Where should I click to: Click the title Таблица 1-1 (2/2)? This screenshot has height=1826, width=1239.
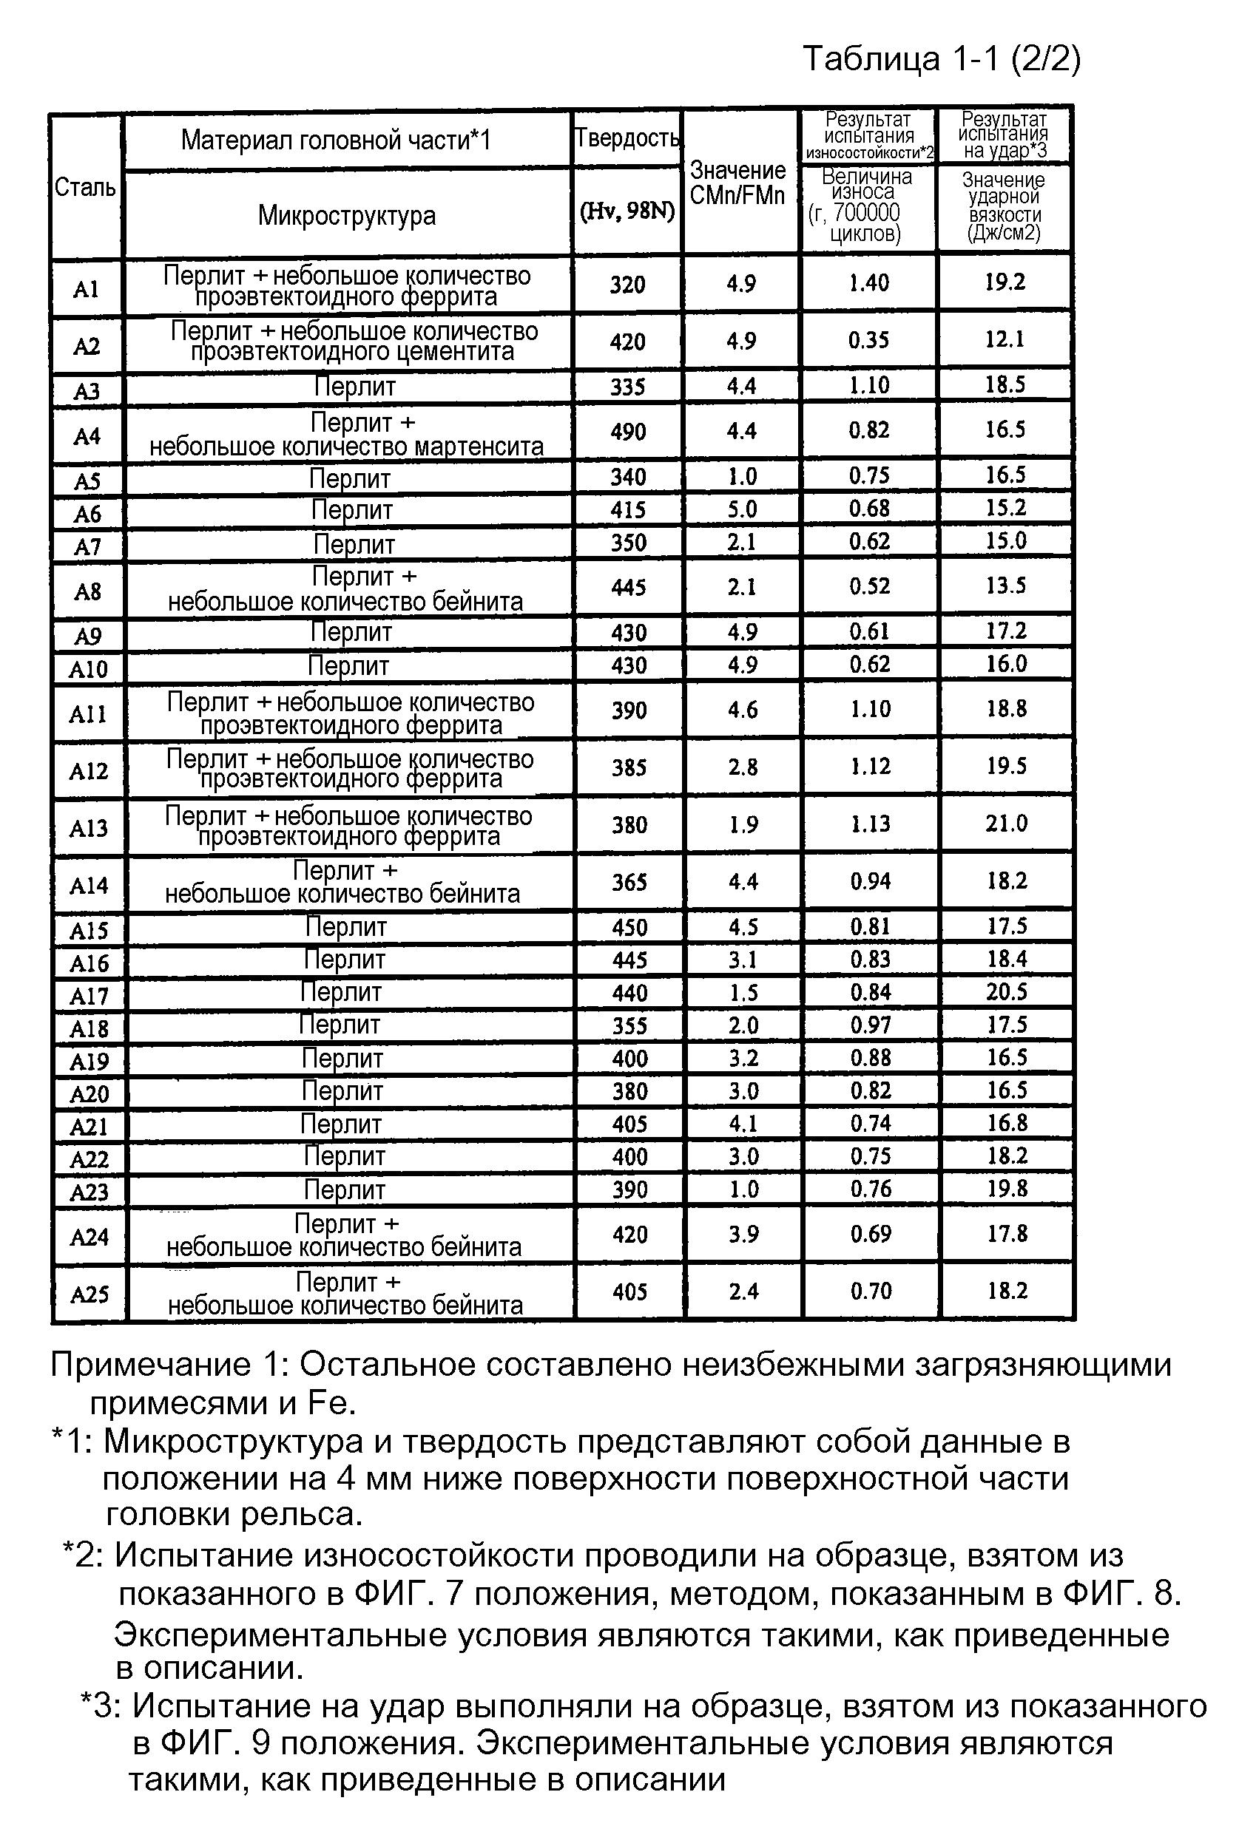point(941,59)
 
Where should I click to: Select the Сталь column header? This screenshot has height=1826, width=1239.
point(85,188)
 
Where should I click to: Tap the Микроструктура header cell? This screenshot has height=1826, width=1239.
point(347,215)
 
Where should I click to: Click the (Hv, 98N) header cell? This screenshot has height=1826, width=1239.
point(627,211)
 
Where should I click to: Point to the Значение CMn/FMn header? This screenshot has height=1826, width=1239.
point(737,183)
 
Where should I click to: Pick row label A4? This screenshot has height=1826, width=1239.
point(87,435)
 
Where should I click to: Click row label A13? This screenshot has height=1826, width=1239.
point(88,827)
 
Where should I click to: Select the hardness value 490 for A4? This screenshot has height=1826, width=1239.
point(627,431)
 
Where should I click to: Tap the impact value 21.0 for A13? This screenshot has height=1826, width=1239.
point(1006,824)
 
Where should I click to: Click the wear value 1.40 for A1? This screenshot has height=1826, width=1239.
point(868,283)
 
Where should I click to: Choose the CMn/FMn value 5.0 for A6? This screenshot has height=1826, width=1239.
point(741,509)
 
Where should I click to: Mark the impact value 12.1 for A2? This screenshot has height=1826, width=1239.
point(1005,339)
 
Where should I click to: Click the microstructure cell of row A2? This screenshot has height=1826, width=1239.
point(353,341)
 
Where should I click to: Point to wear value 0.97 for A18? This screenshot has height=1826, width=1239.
point(871,1025)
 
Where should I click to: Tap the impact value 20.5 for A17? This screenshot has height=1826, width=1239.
point(1006,991)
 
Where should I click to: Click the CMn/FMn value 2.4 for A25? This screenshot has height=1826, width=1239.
point(743,1291)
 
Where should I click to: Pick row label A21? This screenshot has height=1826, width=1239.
point(89,1127)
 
